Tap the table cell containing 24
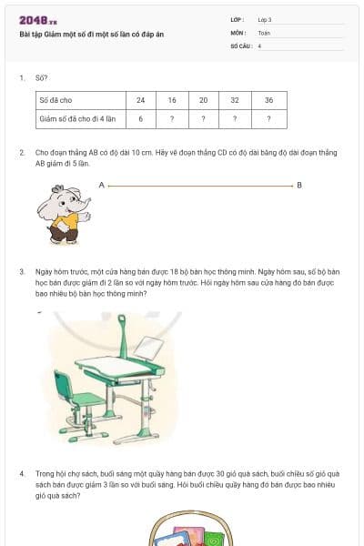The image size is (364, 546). (x=140, y=101)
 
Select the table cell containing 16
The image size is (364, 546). (x=172, y=101)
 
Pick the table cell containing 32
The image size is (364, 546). (x=235, y=101)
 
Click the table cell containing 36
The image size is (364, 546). (x=268, y=101)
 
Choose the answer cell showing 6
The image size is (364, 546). (x=140, y=118)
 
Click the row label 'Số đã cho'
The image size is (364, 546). (x=56, y=101)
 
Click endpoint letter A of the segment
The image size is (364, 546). (x=102, y=185)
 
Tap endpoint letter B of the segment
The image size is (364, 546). (x=299, y=185)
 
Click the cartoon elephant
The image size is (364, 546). (x=63, y=215)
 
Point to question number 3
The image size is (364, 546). (x=22, y=271)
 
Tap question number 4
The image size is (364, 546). (x=22, y=474)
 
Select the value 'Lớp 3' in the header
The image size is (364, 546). (x=265, y=19)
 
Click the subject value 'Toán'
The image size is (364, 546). (x=264, y=32)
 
